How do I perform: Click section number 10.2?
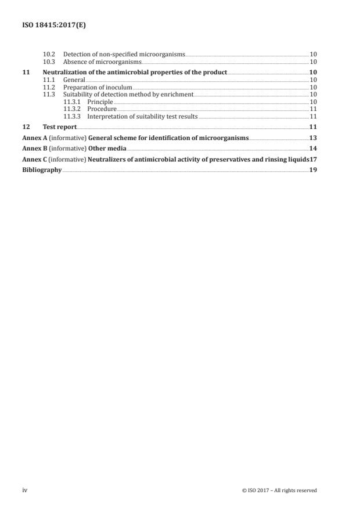pyautogui.click(x=49, y=54)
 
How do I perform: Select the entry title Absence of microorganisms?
pyautogui.click(x=102, y=62)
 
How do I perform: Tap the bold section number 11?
pyautogui.click(x=25, y=71)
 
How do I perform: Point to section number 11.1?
pyautogui.click(x=49, y=79)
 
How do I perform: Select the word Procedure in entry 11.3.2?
pyautogui.click(x=102, y=109)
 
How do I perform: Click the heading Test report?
pyautogui.click(x=59, y=127)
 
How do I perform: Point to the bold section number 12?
pyautogui.click(x=25, y=127)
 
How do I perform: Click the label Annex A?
pyautogui.click(x=33, y=138)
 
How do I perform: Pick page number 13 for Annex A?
pyautogui.click(x=312, y=138)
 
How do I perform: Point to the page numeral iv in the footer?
pyautogui.click(x=25, y=490)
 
